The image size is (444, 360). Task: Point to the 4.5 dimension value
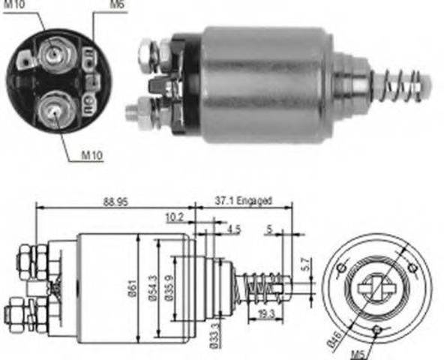click(x=232, y=229)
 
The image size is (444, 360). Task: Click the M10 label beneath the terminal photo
click(x=91, y=156)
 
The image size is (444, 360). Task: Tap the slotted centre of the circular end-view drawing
click(x=377, y=288)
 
